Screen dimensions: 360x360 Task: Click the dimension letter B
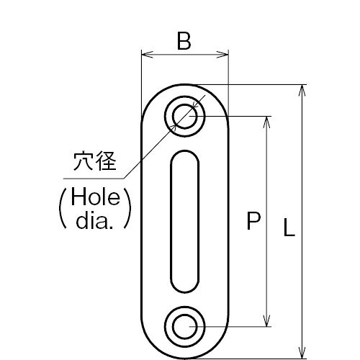point(184,41)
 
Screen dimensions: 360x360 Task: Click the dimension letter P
point(253,221)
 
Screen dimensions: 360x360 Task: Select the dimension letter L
point(289,228)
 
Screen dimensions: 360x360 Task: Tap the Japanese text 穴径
point(95,161)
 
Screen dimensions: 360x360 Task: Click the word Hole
point(95,197)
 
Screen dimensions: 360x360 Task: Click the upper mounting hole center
point(185,117)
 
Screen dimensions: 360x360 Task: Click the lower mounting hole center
point(185,326)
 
